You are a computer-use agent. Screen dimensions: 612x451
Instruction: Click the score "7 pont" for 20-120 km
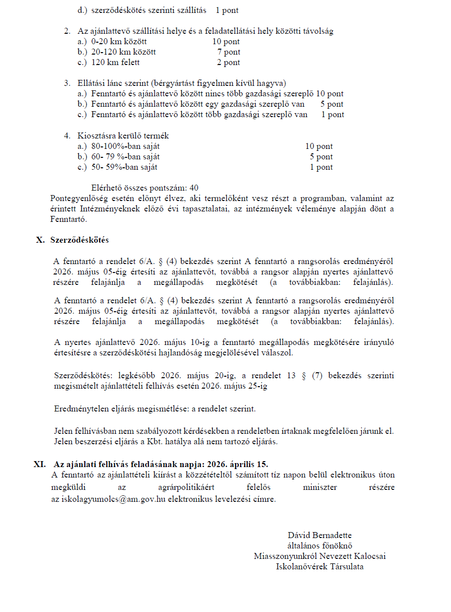click(228, 52)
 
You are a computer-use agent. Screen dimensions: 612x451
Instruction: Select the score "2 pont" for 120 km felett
click(228, 63)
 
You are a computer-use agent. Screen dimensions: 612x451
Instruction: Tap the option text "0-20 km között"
click(119, 42)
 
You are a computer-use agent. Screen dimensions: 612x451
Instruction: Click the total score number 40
click(193, 188)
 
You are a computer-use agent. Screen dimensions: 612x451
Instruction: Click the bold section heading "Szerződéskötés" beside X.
click(79, 240)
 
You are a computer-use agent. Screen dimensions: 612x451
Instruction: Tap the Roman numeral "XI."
click(40, 464)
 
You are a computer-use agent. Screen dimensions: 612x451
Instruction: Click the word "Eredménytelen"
click(78, 409)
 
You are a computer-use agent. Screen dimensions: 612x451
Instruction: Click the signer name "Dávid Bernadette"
click(320, 535)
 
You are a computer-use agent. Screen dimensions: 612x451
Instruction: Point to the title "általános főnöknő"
click(320, 545)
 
